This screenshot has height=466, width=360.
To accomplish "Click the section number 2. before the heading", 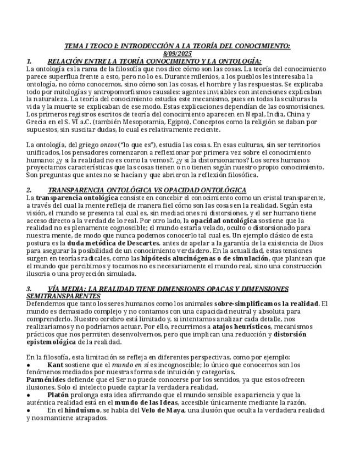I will tap(29, 190).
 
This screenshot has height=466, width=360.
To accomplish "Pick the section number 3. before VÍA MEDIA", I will tap(29, 289).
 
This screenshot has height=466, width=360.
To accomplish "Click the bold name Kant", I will tap(56, 364).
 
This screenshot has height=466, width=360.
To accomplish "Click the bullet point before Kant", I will tap(29, 364).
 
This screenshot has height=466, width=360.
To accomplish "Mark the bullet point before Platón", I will tap(29, 395).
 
